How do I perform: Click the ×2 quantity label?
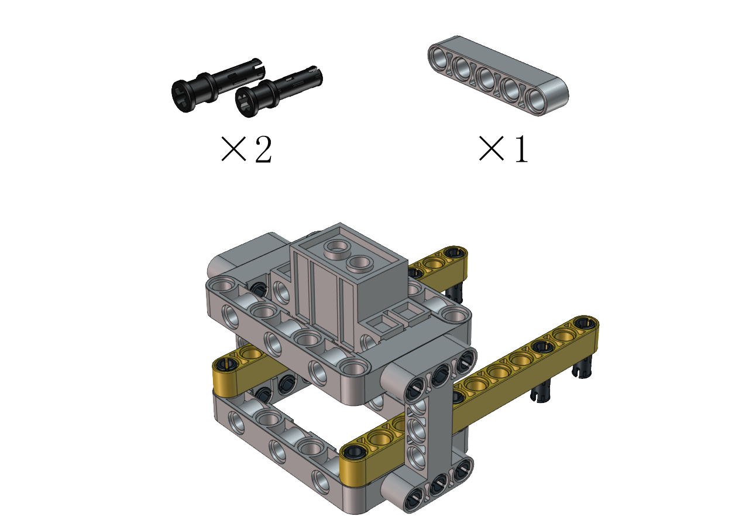coord(246,149)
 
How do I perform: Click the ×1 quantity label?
coord(503,149)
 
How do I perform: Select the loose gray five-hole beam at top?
coord(498,76)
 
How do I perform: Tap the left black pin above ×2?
coord(217,85)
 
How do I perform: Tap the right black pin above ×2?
coord(279,91)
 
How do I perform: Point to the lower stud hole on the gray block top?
coord(359,264)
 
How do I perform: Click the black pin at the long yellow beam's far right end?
coord(586,323)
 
